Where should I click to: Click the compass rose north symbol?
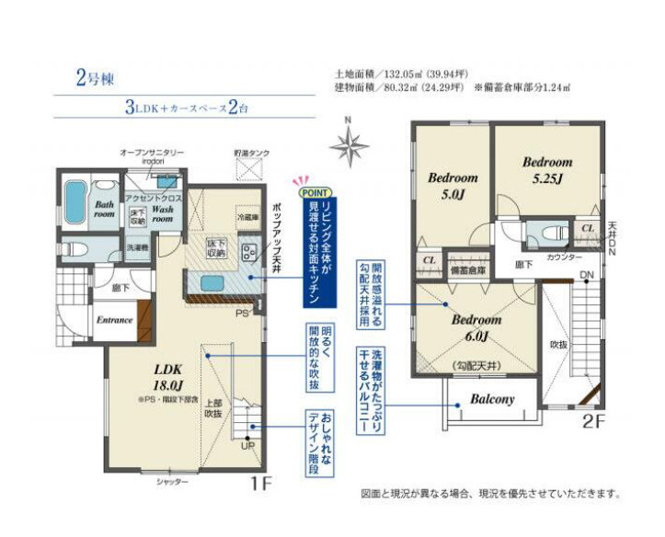click(x=349, y=143)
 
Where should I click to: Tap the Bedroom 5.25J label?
click(x=547, y=169)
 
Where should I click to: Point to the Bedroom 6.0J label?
click(x=476, y=327)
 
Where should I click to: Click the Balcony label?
click(x=492, y=400)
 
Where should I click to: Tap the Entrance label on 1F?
click(x=116, y=320)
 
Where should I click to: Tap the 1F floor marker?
click(x=263, y=481)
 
